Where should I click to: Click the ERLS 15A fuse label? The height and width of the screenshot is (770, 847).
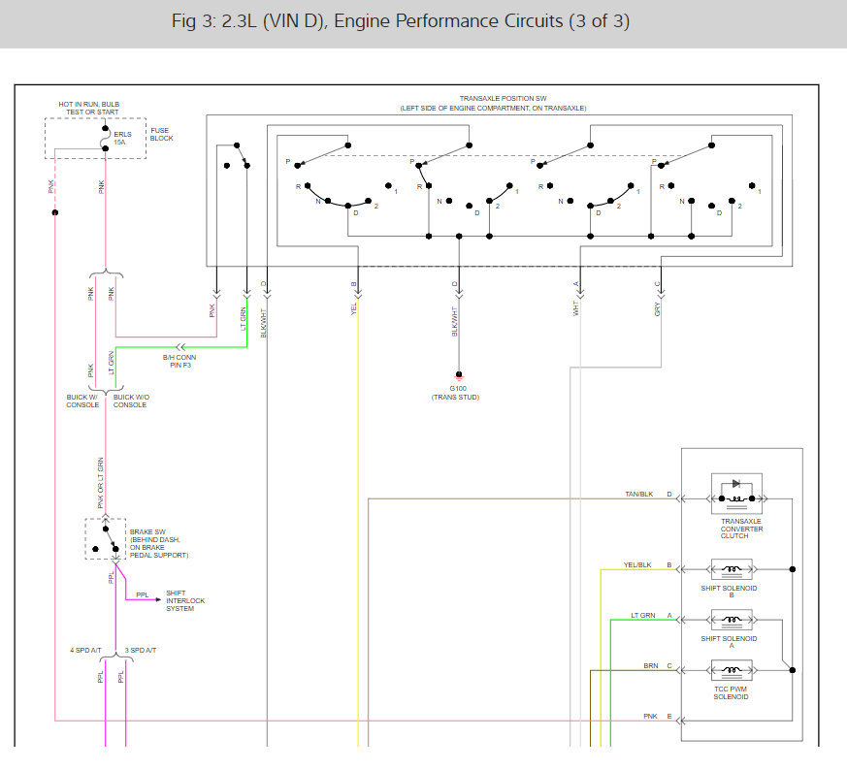[120, 138]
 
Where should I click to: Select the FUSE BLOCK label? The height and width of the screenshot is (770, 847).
[160, 134]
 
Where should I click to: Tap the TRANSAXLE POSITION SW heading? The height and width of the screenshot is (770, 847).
[503, 99]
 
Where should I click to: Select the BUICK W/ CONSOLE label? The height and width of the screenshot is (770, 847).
[82, 401]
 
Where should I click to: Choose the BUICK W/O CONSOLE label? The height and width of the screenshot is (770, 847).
[130, 401]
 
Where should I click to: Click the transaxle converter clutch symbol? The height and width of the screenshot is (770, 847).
[736, 494]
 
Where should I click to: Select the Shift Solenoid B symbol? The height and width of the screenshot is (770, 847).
[736, 569]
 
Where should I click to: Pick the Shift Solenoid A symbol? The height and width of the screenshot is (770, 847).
[736, 620]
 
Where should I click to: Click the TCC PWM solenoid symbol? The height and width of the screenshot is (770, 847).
[736, 670]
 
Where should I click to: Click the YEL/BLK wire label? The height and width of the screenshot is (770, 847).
[636, 564]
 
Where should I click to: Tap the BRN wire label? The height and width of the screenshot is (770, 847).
[651, 666]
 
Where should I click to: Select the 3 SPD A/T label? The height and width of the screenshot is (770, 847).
[141, 649]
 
